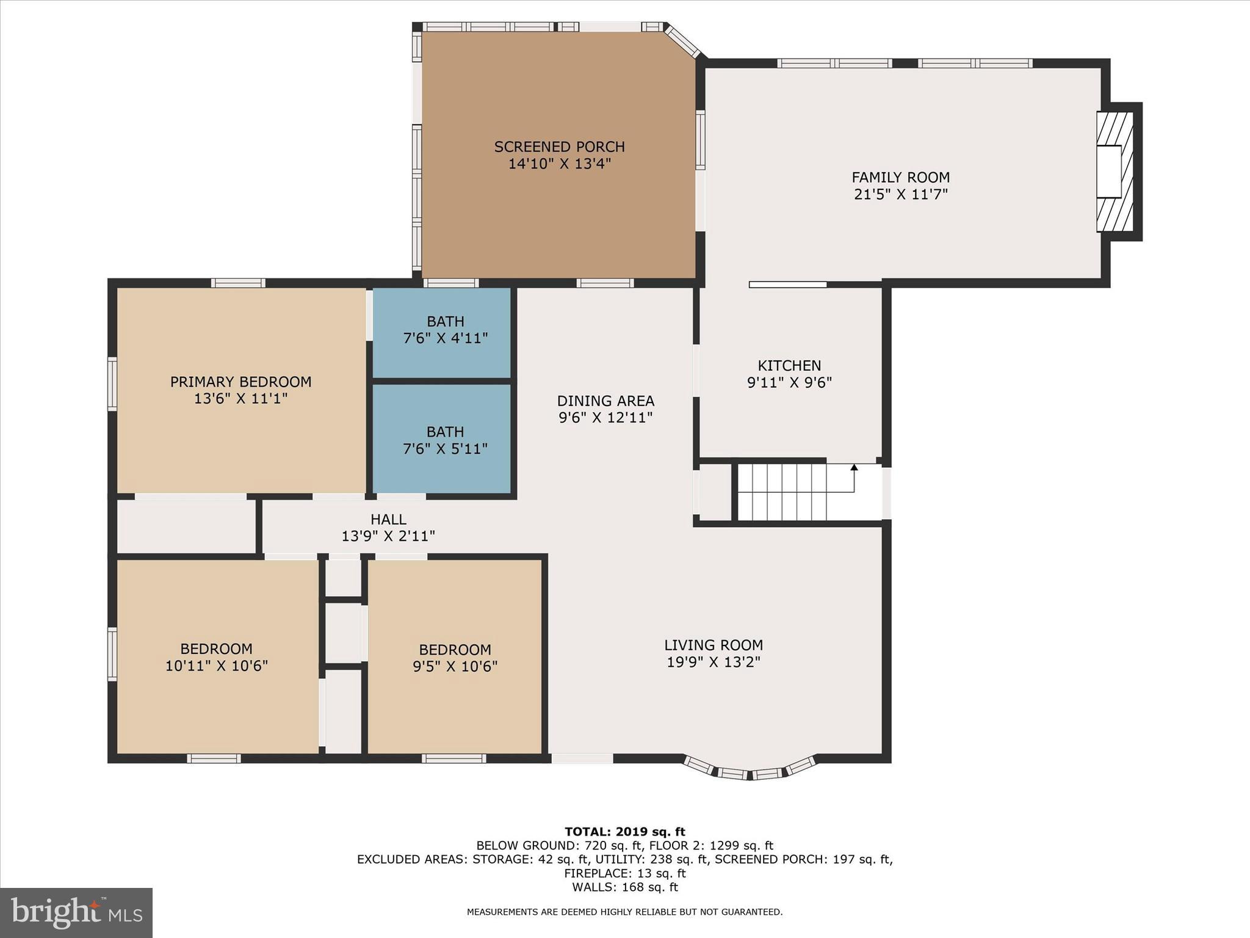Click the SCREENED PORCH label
559,147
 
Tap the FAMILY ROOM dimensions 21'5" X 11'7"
900,195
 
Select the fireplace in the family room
1116,172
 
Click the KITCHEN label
789,366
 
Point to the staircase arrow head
854,468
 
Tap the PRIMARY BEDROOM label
240,382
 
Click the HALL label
388,520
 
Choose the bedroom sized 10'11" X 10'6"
216,657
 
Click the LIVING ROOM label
714,645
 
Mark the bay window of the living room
750,771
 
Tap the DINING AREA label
605,401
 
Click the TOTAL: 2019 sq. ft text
624,832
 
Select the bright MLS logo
76,912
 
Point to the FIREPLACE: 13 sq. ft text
624,873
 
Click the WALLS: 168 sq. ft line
624,887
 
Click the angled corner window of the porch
682,42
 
